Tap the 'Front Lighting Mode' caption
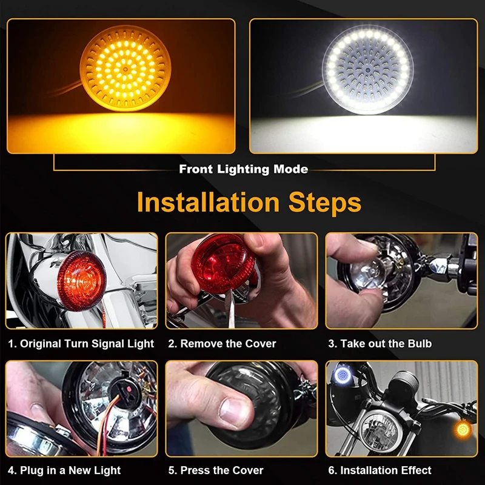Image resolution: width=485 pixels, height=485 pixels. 243,169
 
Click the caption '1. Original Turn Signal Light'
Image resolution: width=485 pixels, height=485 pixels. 81,344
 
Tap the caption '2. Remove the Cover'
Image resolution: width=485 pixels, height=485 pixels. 222,344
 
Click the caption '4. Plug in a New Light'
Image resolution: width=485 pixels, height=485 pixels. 64,470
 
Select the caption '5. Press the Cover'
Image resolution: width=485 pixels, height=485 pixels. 216,470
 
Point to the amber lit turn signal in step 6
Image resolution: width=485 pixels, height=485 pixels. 463,430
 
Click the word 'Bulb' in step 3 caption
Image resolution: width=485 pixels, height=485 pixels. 420,344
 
